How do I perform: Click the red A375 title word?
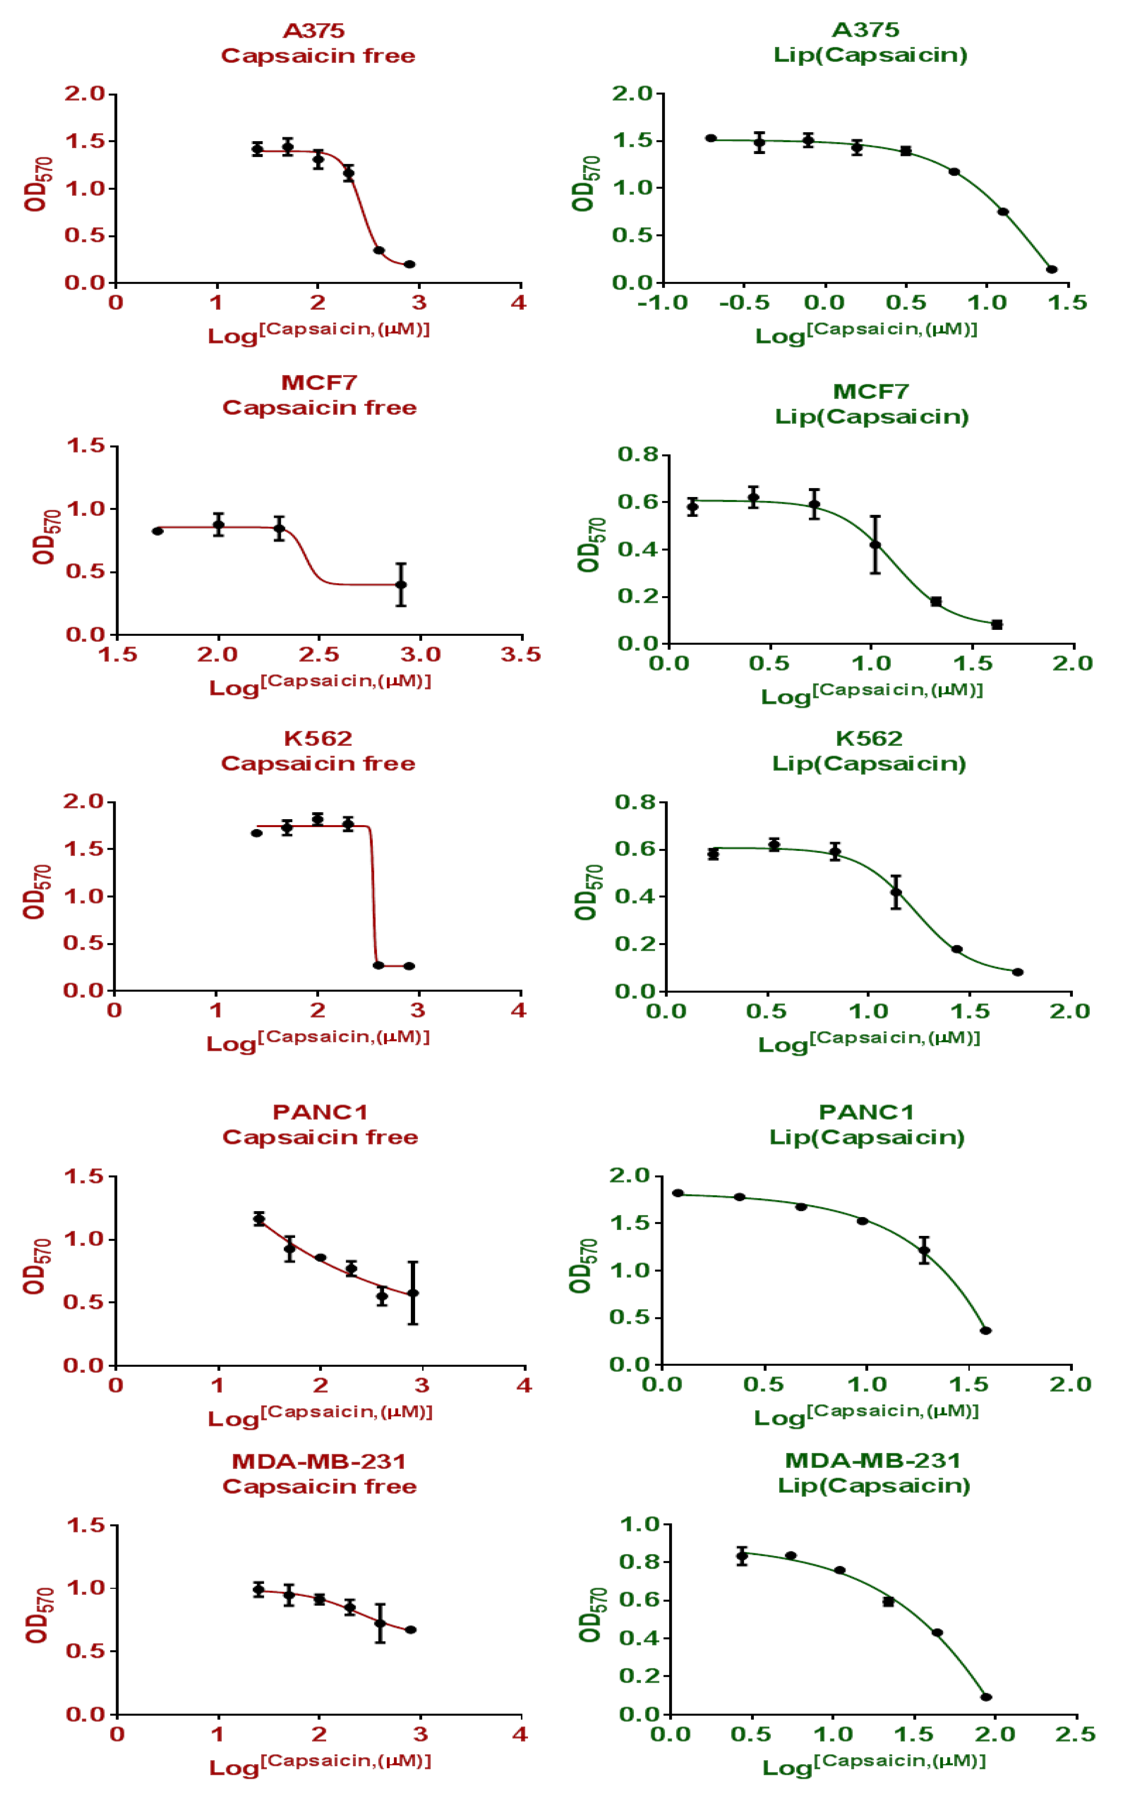(314, 31)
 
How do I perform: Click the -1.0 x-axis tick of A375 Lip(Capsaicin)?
(662, 303)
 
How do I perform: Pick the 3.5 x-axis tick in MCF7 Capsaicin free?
(521, 655)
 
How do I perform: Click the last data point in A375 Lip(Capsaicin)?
(1051, 269)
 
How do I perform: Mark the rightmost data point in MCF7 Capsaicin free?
(401, 585)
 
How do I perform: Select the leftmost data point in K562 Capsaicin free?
(257, 833)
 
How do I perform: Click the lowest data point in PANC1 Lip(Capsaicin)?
(986, 1331)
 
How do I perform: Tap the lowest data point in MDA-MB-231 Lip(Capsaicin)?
(986, 1696)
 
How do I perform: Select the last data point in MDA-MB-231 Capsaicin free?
(411, 1630)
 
